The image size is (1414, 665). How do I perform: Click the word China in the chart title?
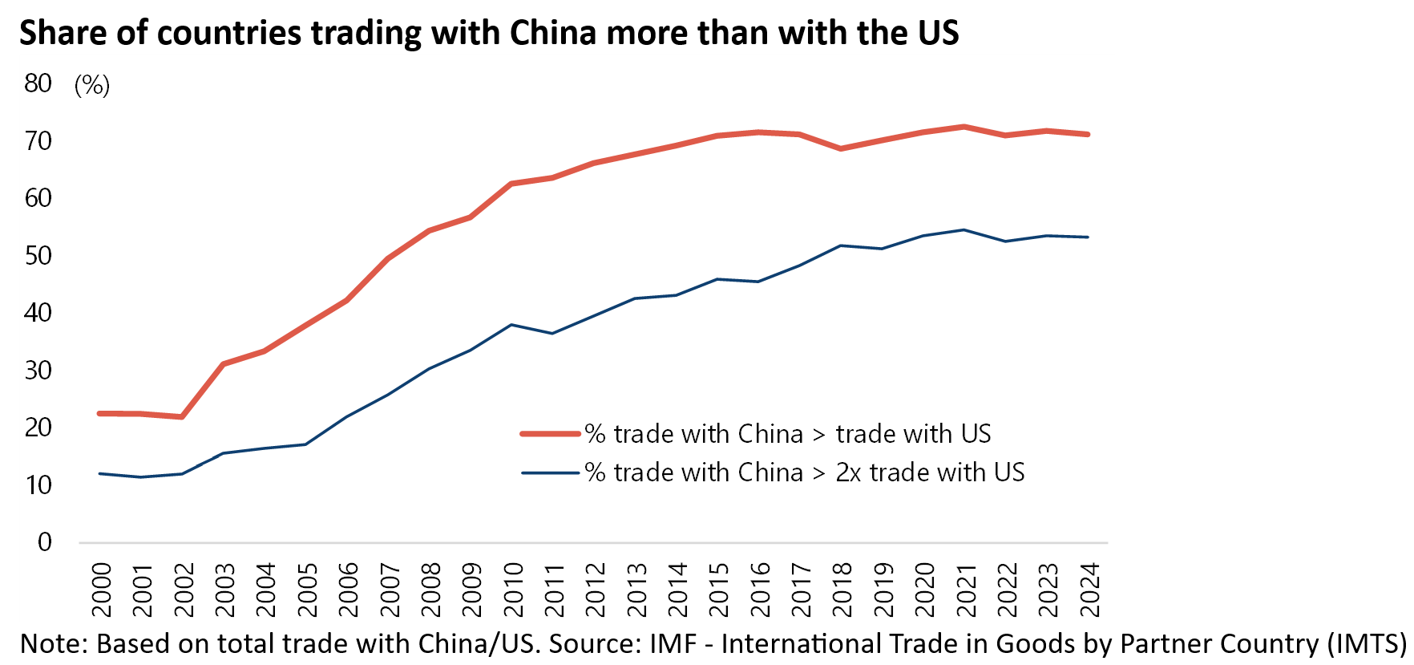[x=553, y=33]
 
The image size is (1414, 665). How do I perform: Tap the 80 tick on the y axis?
[x=38, y=83]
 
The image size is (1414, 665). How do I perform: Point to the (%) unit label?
[x=91, y=85]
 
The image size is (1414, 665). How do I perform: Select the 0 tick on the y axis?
[x=45, y=542]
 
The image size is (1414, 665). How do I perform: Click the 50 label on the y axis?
[x=38, y=256]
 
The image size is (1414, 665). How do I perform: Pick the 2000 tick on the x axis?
[x=102, y=590]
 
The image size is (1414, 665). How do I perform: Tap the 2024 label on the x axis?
[x=1089, y=590]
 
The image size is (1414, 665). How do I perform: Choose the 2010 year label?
[x=513, y=590]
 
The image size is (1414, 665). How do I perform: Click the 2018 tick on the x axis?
[x=842, y=590]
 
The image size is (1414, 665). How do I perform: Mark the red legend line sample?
[x=550, y=434]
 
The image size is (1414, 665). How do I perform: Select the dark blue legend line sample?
[x=550, y=473]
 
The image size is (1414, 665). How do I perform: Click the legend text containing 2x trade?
[x=805, y=472]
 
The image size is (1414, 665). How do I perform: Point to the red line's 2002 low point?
[x=182, y=417]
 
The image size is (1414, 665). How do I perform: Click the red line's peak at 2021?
[x=964, y=127]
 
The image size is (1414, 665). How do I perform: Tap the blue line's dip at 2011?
[x=552, y=333]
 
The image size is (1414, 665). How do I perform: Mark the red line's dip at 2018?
[x=841, y=148]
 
